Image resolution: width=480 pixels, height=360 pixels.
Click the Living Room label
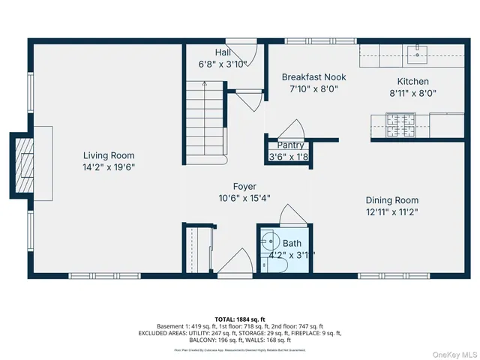click(x=108, y=155)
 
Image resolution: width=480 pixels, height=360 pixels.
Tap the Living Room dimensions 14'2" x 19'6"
click(x=108, y=167)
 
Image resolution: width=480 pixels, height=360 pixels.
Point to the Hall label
click(x=223, y=52)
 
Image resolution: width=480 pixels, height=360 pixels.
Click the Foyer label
click(x=244, y=186)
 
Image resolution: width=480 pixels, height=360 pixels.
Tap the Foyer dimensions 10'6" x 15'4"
click(x=244, y=198)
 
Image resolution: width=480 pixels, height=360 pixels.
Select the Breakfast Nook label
click(x=313, y=76)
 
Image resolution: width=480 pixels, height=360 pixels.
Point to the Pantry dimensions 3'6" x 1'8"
click(x=289, y=157)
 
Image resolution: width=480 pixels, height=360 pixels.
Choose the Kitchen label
click(x=412, y=82)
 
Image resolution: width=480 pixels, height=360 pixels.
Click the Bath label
click(x=292, y=243)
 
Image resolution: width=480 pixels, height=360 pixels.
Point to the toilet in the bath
click(x=269, y=243)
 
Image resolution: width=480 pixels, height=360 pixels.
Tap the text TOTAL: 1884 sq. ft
click(x=238, y=319)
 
